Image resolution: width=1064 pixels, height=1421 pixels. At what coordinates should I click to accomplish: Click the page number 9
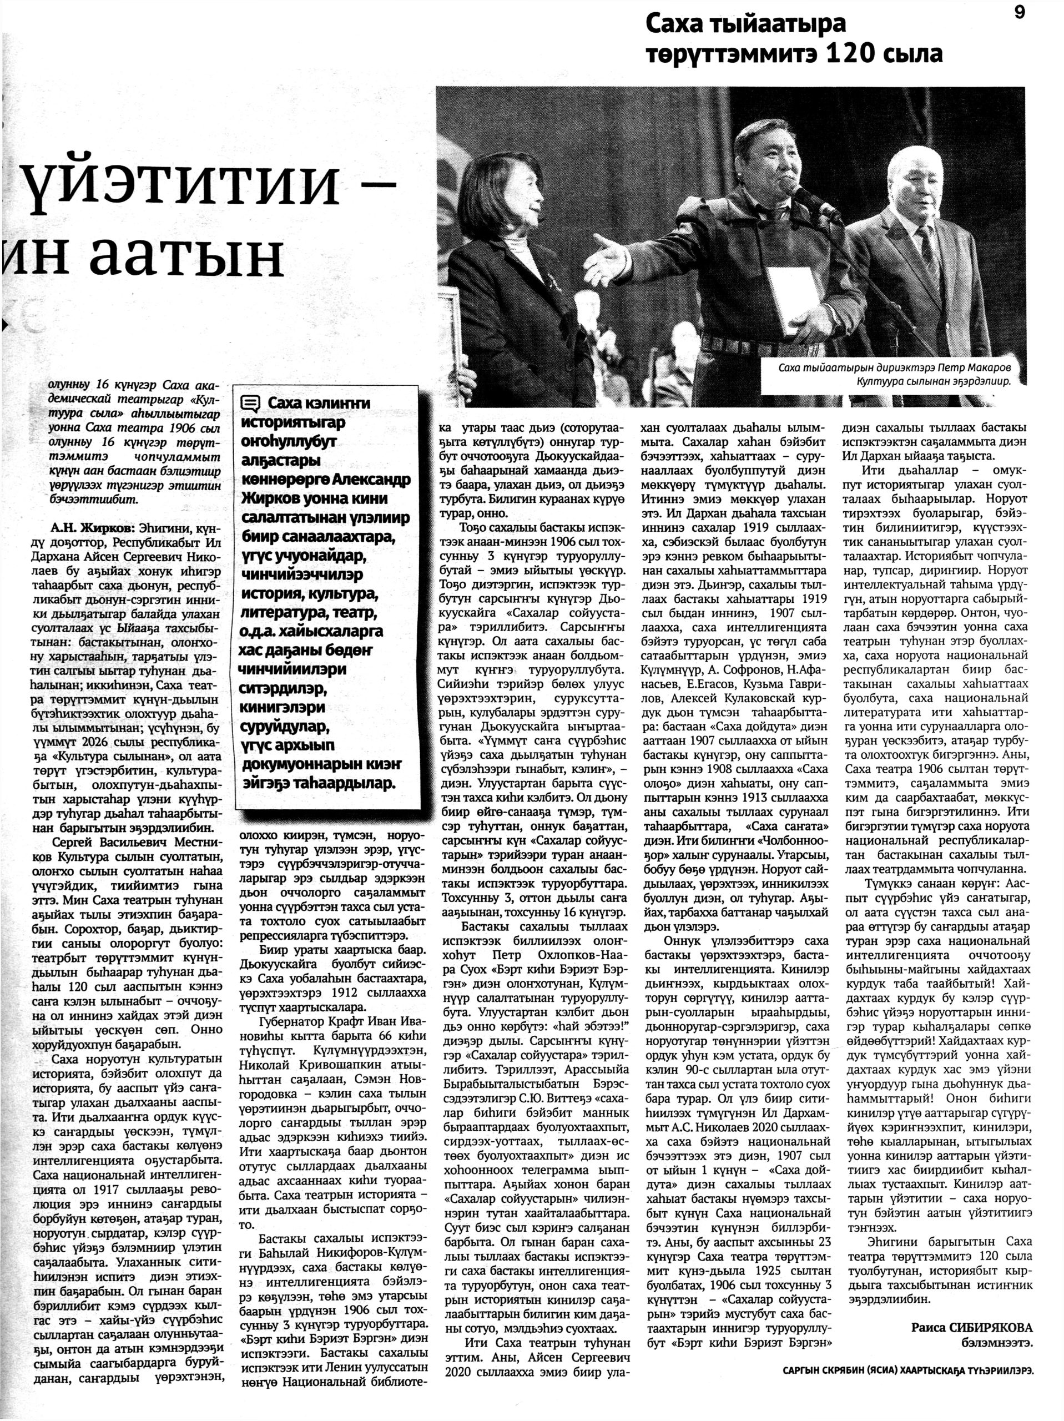(x=1020, y=13)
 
